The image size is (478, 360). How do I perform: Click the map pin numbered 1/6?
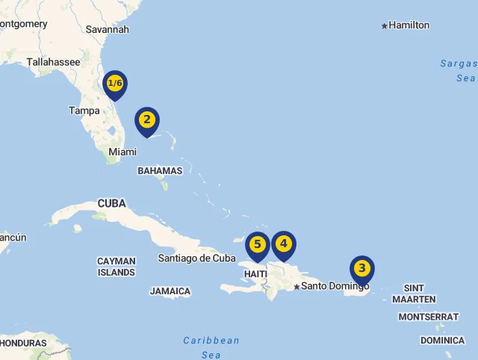115,84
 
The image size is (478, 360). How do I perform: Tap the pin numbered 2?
147,120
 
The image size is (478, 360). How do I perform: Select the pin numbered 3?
362,268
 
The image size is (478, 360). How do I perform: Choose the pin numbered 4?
283,243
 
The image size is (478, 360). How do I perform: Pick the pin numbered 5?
258,244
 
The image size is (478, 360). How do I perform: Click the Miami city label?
122,152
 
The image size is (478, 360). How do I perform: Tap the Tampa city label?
84,111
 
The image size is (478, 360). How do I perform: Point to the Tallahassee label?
53,62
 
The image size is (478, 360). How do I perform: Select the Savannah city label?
108,29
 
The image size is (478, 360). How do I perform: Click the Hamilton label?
409,25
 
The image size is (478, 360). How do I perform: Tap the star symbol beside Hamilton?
385,26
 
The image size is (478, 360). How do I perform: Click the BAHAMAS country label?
160,170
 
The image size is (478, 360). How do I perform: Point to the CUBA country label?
112,203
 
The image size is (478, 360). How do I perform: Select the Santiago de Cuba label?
196,258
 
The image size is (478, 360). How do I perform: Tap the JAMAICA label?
170,291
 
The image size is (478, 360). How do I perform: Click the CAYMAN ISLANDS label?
117,267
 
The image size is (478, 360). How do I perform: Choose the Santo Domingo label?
335,286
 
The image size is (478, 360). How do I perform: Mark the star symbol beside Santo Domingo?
297,287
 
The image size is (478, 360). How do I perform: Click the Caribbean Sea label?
211,347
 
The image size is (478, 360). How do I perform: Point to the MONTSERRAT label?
429,317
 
